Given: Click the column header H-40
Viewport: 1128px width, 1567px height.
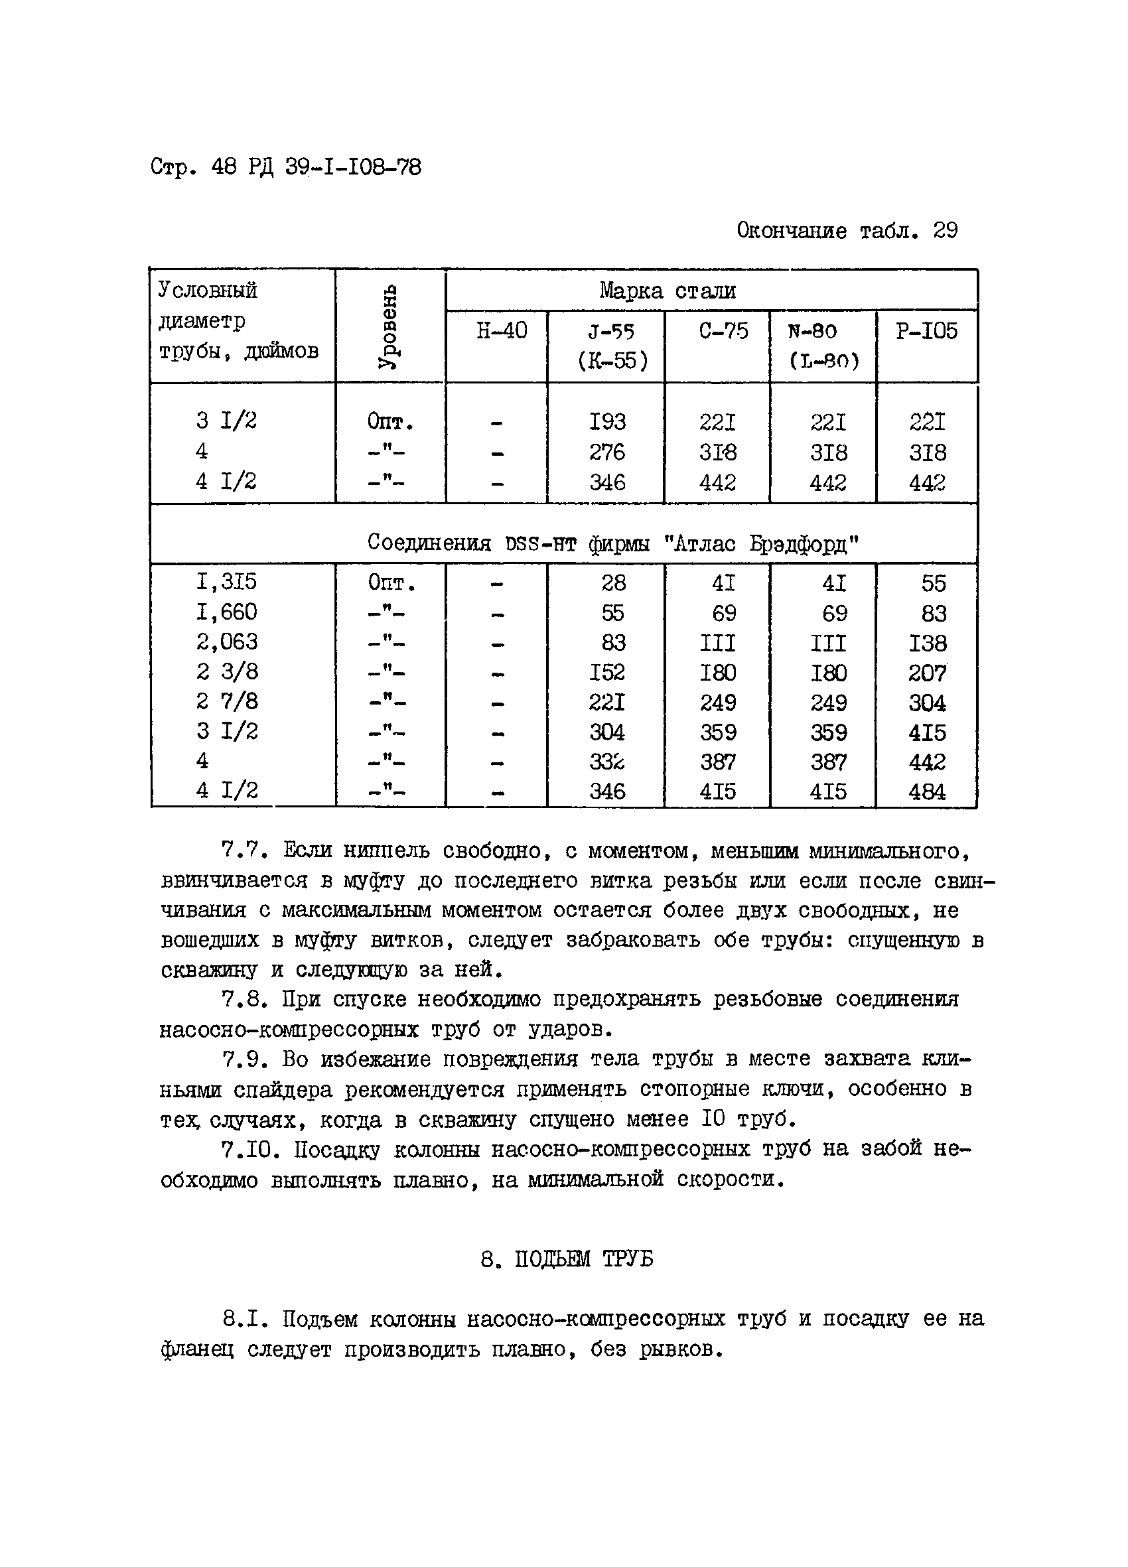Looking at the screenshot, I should click(501, 331).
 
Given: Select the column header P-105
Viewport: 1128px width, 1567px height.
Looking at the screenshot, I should click(926, 331).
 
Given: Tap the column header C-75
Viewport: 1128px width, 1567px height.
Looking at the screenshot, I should click(723, 331).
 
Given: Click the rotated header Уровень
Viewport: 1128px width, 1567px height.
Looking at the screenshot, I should click(388, 327).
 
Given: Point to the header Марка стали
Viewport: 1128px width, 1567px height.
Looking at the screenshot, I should click(667, 290).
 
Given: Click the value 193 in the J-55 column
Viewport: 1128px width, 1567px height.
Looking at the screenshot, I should click(607, 421).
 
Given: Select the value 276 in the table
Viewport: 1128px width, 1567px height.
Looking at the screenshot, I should click(607, 452).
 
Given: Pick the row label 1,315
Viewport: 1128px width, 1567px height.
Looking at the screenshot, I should click(226, 582).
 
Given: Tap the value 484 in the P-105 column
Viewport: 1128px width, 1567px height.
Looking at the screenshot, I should click(927, 791).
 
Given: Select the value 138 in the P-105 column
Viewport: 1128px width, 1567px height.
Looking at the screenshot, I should click(927, 643).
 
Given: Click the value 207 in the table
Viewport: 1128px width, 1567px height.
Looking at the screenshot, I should click(927, 672).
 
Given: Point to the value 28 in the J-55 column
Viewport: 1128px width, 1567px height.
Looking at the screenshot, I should click(613, 582).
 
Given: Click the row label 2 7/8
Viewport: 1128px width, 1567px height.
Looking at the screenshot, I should click(226, 701).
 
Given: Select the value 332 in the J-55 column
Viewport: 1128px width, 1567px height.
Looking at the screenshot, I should click(607, 762).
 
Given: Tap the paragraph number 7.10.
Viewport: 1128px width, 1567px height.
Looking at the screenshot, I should click(249, 1150).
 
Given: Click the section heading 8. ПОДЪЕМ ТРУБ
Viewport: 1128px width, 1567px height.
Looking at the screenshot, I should click(566, 1260).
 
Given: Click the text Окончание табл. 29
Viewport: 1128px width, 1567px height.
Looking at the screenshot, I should click(847, 230).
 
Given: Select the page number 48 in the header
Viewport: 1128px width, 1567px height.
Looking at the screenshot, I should click(224, 167).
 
